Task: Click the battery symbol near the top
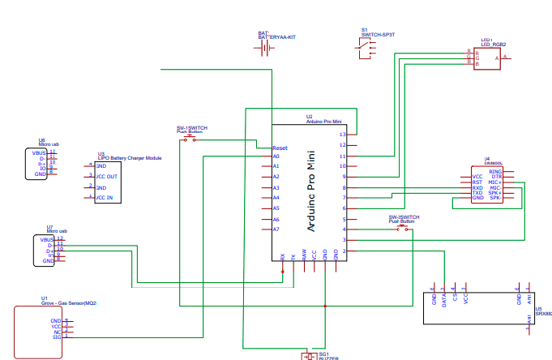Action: point(264,49)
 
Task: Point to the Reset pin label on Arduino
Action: point(280,148)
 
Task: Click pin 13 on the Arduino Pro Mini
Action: point(343,134)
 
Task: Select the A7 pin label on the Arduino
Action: point(276,229)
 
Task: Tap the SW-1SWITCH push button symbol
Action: point(190,139)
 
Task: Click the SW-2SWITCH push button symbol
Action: point(402,229)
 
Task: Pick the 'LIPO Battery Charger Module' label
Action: point(130,158)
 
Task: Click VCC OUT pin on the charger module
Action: point(106,176)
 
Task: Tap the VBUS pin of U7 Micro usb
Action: point(46,240)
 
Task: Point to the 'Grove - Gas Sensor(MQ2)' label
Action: point(69,302)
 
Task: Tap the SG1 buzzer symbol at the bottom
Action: point(310,355)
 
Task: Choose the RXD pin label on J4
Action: point(477,187)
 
